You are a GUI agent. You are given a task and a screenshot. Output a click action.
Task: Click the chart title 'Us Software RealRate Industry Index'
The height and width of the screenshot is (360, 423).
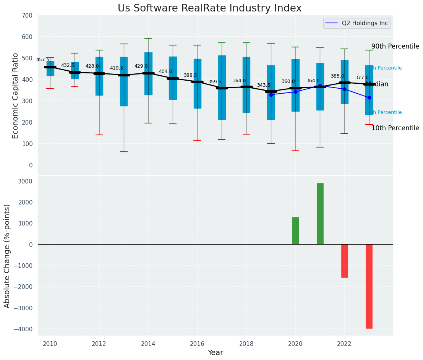(209, 8)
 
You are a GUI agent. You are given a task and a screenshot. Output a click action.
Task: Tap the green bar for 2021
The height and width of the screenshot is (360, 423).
(320, 214)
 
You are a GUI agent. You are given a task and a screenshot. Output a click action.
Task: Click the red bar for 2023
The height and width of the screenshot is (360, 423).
(369, 286)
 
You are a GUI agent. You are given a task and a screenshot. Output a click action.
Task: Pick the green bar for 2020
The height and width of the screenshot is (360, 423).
(295, 231)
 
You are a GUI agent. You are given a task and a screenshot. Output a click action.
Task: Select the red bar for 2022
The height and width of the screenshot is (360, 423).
(345, 261)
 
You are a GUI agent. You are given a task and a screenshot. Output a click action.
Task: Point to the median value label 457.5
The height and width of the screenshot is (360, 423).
(43, 60)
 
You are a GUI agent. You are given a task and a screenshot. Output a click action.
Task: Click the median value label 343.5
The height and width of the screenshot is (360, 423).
(264, 85)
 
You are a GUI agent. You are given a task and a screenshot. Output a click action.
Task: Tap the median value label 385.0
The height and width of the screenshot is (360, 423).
(337, 76)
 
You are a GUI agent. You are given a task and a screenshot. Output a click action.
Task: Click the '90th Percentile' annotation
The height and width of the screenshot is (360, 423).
(395, 46)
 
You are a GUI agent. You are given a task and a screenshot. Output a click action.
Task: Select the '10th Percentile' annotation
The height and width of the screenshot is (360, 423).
(395, 128)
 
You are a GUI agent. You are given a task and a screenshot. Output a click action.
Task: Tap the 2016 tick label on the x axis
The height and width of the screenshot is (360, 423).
(197, 344)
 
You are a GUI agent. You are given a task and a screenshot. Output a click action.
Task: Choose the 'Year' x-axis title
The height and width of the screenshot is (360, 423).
(216, 353)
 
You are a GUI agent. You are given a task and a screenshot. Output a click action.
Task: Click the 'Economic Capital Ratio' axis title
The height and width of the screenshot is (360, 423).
(15, 96)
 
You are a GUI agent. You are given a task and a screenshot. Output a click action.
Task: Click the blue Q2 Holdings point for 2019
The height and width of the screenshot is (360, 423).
(271, 95)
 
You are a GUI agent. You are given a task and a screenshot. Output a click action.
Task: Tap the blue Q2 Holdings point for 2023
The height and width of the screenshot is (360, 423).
(369, 97)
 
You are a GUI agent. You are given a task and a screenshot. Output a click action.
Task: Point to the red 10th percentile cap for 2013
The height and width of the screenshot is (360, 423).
(123, 152)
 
